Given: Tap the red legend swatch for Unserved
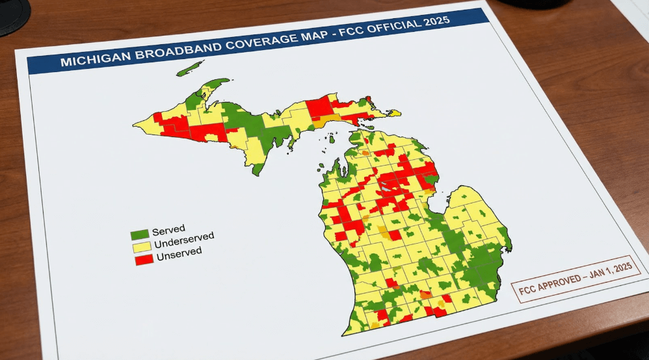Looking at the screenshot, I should pos(144,259).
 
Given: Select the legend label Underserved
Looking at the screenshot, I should pos(185,240).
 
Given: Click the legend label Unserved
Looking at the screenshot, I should pos(178,253).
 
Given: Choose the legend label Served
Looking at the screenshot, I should pos(169,229).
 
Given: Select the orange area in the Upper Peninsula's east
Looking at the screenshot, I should pos(321,122).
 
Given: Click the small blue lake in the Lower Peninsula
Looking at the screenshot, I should pos(386,187).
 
